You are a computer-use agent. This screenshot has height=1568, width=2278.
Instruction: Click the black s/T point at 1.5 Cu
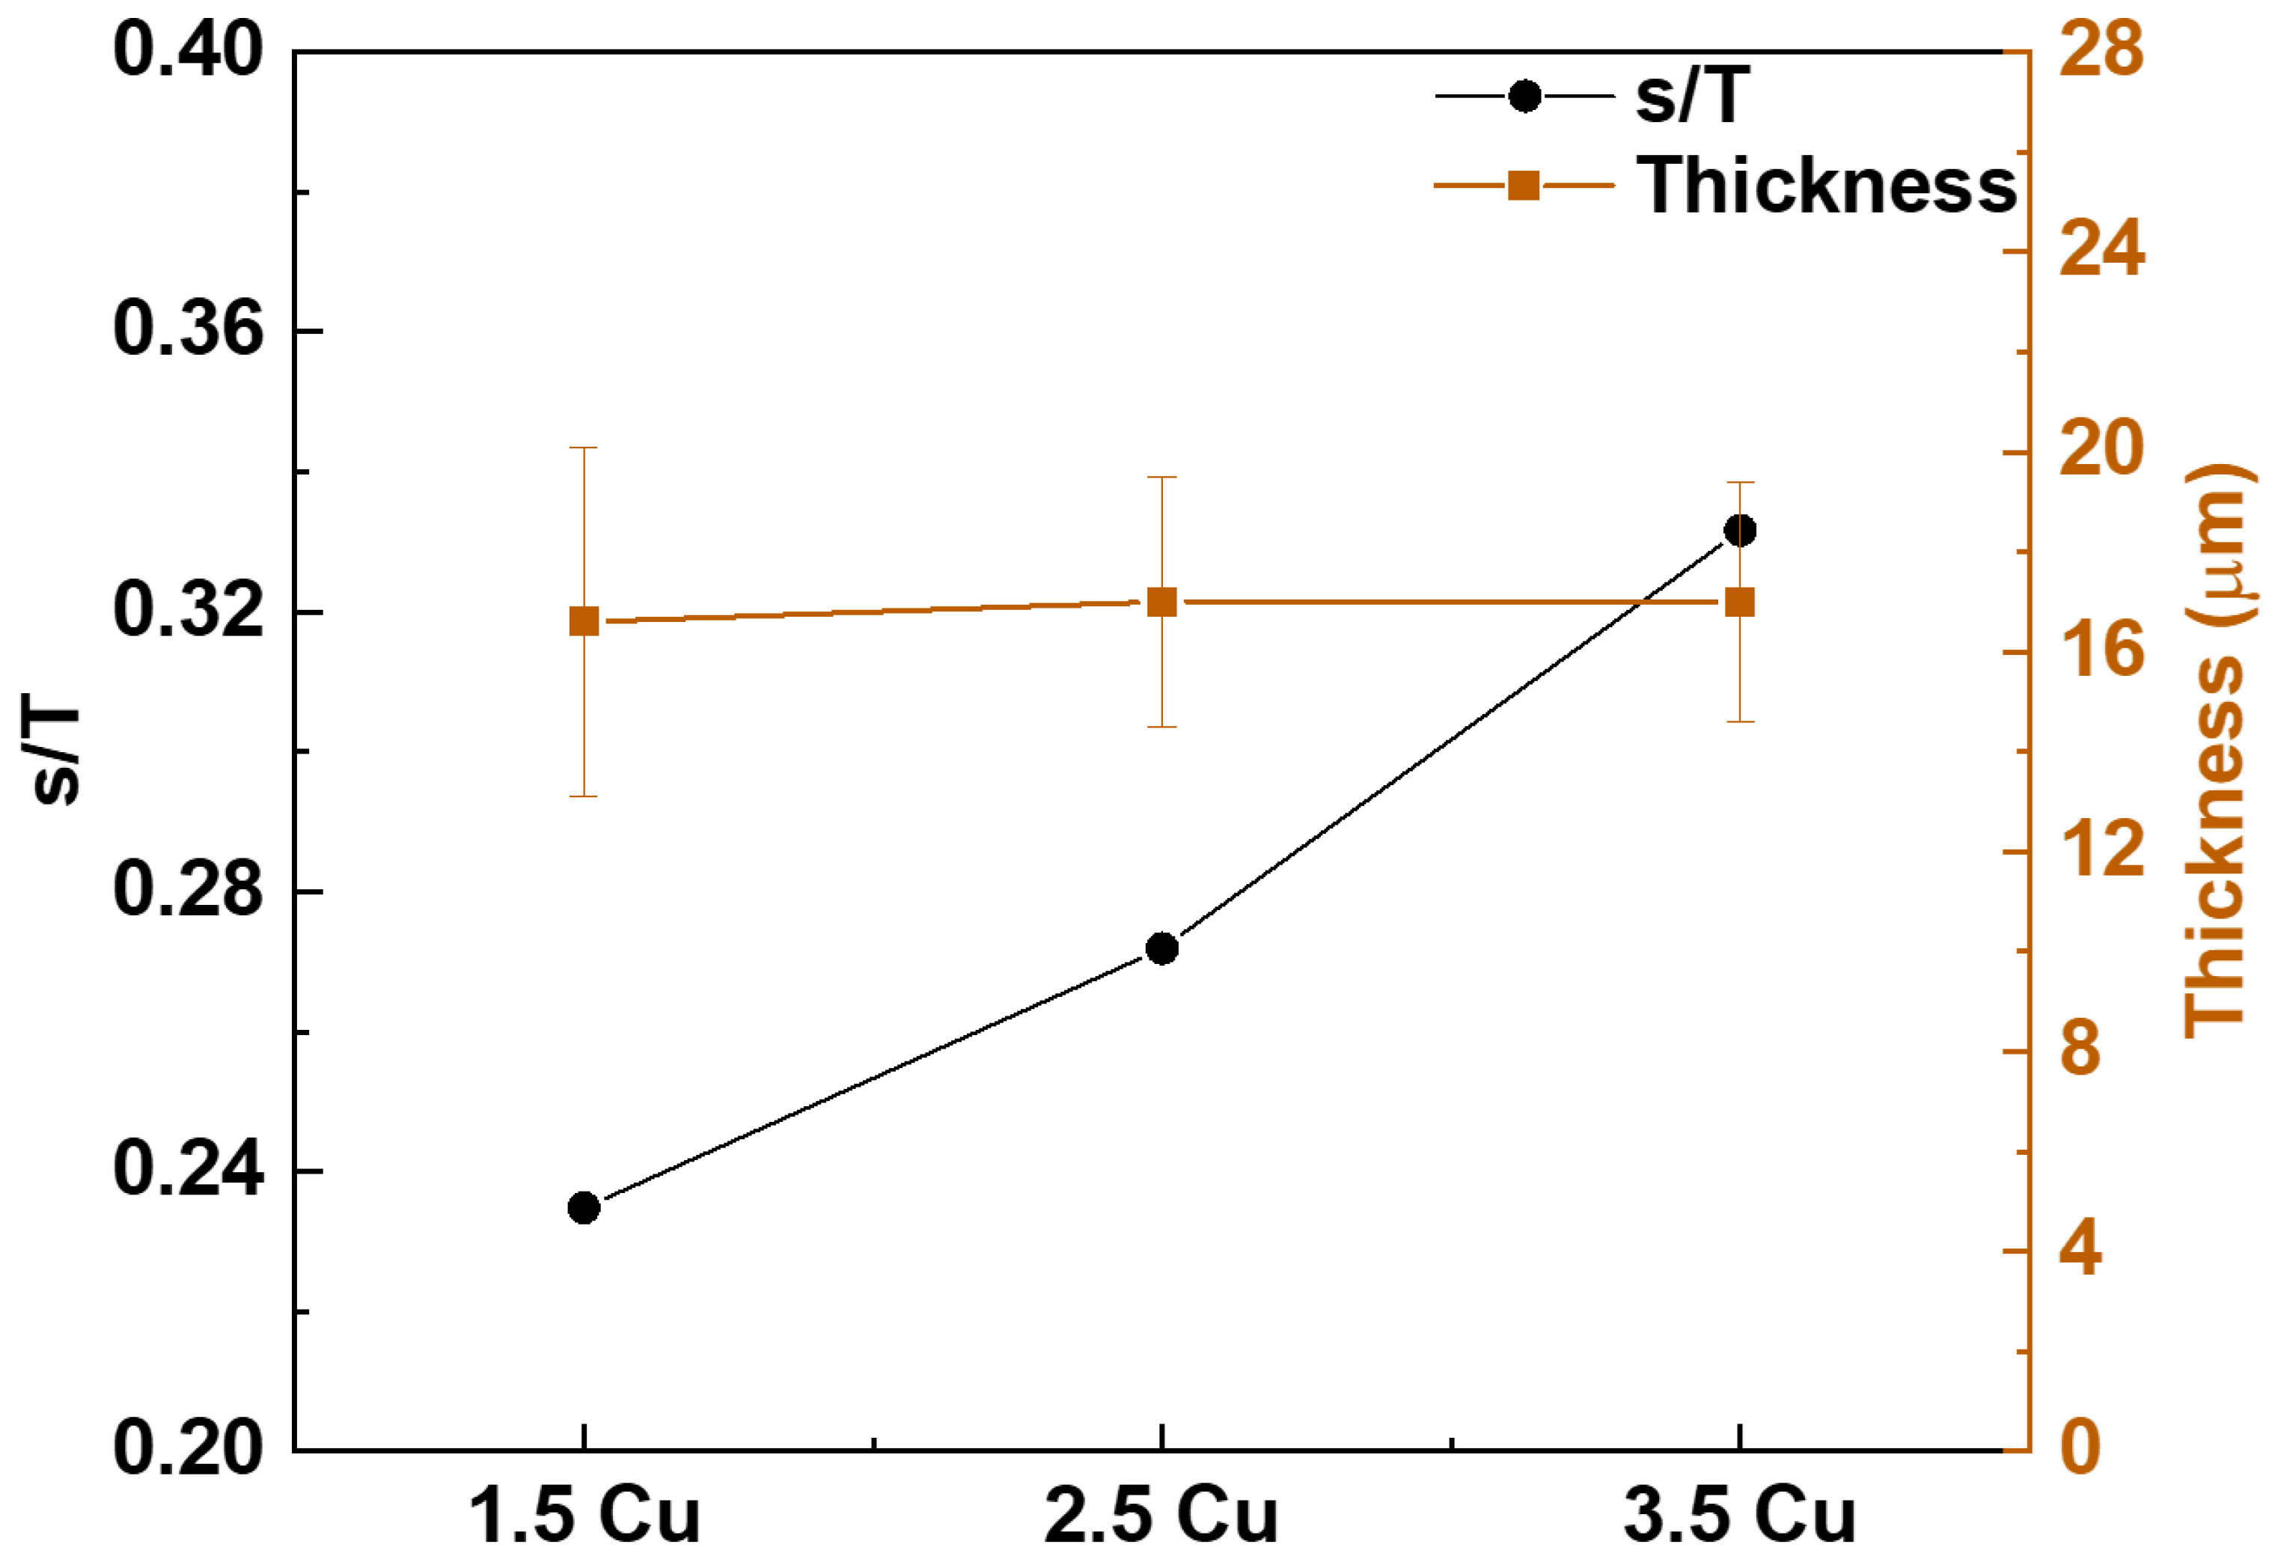584,1207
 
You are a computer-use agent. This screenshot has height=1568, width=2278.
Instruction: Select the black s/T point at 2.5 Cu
1162,948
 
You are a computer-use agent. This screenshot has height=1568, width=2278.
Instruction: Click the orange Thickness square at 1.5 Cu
584,621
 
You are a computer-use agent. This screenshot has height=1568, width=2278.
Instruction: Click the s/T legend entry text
1691,97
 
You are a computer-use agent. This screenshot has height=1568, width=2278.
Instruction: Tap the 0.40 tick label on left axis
189,51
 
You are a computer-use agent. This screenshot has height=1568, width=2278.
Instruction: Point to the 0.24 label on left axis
189,1170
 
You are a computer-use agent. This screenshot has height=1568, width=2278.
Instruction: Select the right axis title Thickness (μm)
2216,751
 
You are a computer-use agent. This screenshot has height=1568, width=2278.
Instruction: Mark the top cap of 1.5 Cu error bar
584,448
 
